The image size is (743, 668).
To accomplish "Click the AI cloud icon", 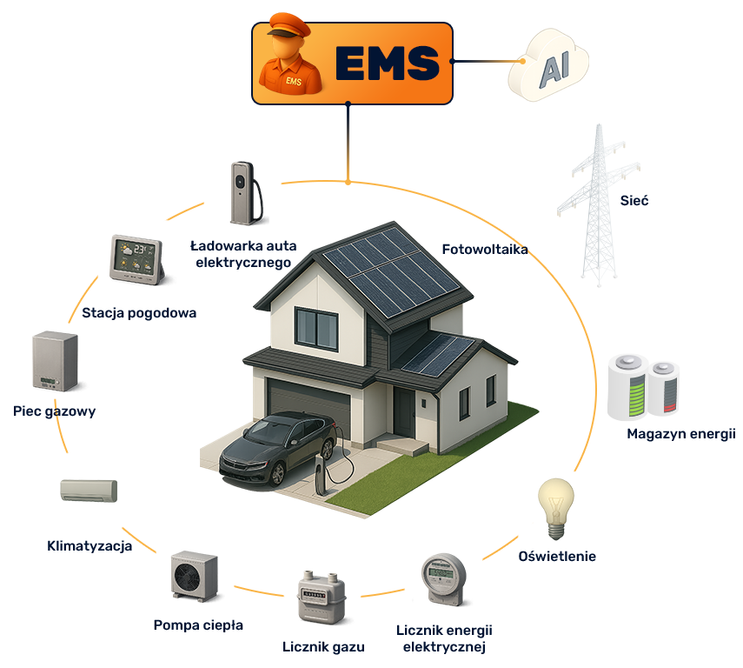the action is point(548,64).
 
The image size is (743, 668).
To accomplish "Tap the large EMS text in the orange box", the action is point(388,63).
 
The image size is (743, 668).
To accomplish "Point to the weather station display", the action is point(136,259).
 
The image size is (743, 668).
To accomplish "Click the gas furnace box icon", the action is point(55,361).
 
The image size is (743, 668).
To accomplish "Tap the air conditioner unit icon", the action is point(89,491).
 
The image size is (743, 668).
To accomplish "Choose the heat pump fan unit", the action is point(195,576).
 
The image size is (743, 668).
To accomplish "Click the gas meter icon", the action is point(322,598).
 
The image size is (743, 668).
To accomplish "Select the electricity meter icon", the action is point(443,579).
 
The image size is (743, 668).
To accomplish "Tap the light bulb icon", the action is point(556,508).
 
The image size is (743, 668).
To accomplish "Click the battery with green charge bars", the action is point(628,387).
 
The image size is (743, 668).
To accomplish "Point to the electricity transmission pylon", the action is point(598,205).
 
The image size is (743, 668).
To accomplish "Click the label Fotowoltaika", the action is point(485,250).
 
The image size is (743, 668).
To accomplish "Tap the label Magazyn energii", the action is point(681,434).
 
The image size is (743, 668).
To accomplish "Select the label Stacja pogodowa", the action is point(139,313).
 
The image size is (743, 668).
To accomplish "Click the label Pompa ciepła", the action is point(198,625).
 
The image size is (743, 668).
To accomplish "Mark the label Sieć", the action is point(634,201).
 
